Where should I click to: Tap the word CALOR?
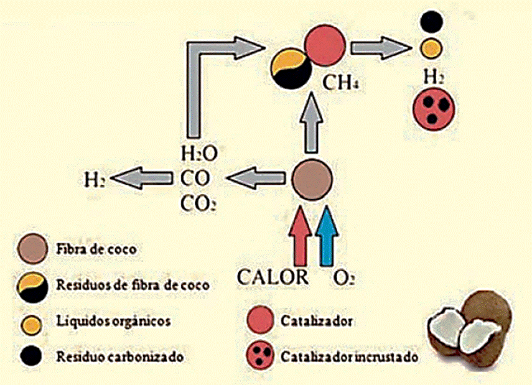pyautogui.click(x=273, y=277)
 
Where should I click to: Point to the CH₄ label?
pyautogui.click(x=340, y=83)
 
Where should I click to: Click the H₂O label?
pyautogui.click(x=199, y=154)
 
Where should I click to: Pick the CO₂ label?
pyautogui.click(x=198, y=204)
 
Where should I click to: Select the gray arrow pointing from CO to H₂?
pyautogui.click(x=141, y=177)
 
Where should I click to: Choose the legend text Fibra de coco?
pyautogui.click(x=96, y=249)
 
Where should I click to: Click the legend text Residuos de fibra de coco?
pyautogui.click(x=133, y=285)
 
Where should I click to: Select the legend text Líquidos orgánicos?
pyautogui.click(x=113, y=321)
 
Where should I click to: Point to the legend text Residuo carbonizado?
pyautogui.click(x=119, y=356)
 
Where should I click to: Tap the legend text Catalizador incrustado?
pyautogui.click(x=349, y=357)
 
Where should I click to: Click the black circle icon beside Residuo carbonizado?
pyautogui.click(x=31, y=356)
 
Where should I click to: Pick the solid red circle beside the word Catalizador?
pyautogui.click(x=260, y=320)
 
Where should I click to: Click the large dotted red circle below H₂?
pyautogui.click(x=434, y=109)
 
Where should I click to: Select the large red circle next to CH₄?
pyautogui.click(x=325, y=45)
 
